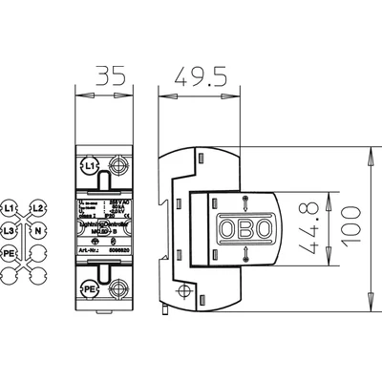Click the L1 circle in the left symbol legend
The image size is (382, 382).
pos(10,207)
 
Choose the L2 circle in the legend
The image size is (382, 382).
pos(36,207)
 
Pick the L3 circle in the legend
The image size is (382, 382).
pos(10,230)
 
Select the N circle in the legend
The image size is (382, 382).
pos(36,230)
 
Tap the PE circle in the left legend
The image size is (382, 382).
pos(10,253)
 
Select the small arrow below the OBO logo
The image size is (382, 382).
pos(245,252)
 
